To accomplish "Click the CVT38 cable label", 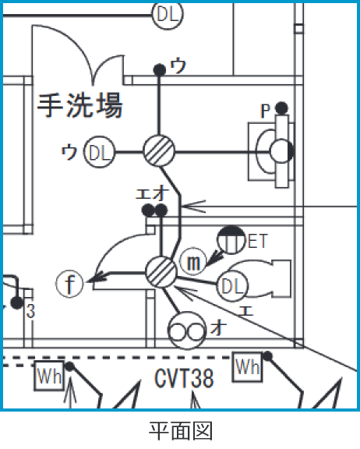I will [183, 380].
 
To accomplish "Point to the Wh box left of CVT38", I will [47, 376].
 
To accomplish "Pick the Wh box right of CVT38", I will [247, 366].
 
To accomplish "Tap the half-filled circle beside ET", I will [230, 239].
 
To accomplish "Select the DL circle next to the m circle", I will [232, 287].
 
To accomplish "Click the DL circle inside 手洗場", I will [100, 153].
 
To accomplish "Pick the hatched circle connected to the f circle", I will [161, 272].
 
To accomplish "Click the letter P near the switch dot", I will [265, 111].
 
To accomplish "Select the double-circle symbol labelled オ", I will [187, 331].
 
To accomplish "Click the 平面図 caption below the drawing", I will [180, 430].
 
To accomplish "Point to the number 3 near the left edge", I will [30, 312].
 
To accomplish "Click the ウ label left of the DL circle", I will [69, 152].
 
